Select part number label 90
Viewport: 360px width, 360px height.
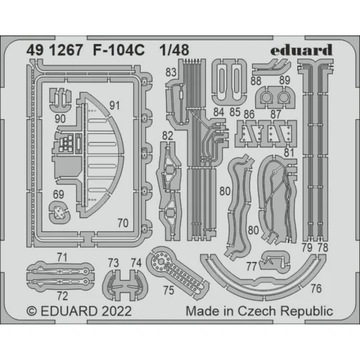click(60, 117)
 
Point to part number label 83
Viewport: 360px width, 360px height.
click(171, 72)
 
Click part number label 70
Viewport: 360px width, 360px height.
click(122, 224)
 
